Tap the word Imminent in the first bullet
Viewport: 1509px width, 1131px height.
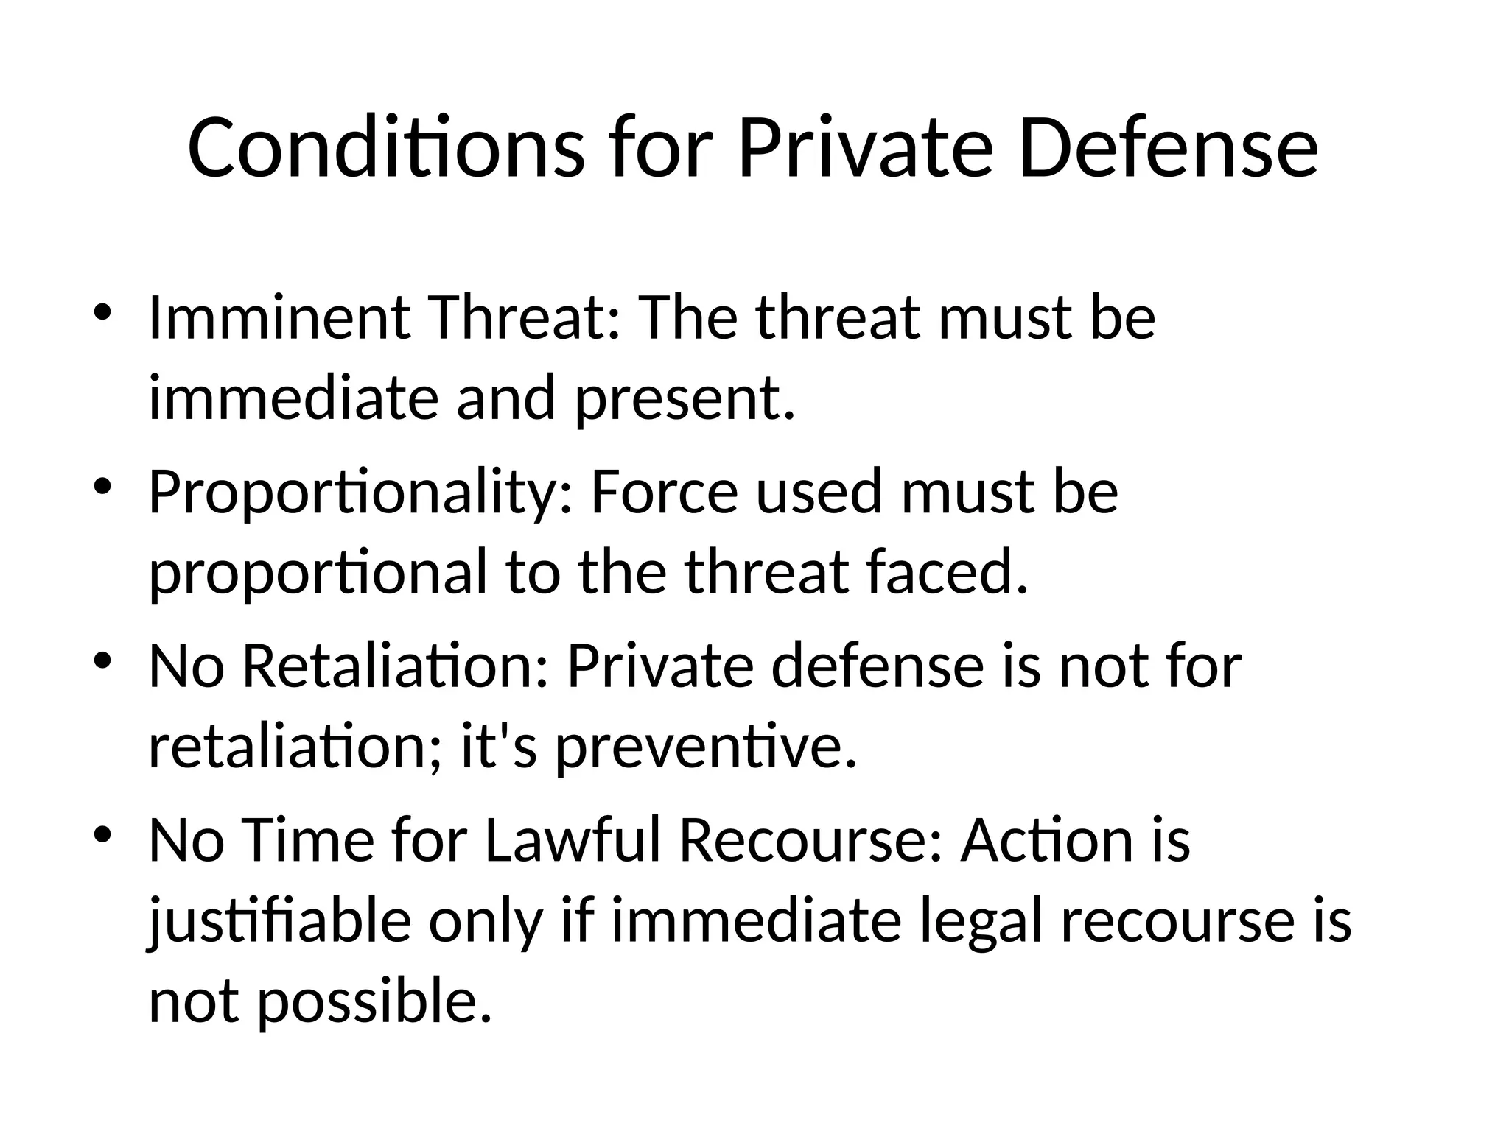[x=279, y=318]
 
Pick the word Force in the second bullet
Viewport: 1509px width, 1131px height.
[x=664, y=492]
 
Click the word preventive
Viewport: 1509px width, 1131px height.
[x=706, y=747]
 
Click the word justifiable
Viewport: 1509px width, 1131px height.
[x=280, y=923]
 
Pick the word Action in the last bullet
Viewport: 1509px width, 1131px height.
[x=1047, y=840]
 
